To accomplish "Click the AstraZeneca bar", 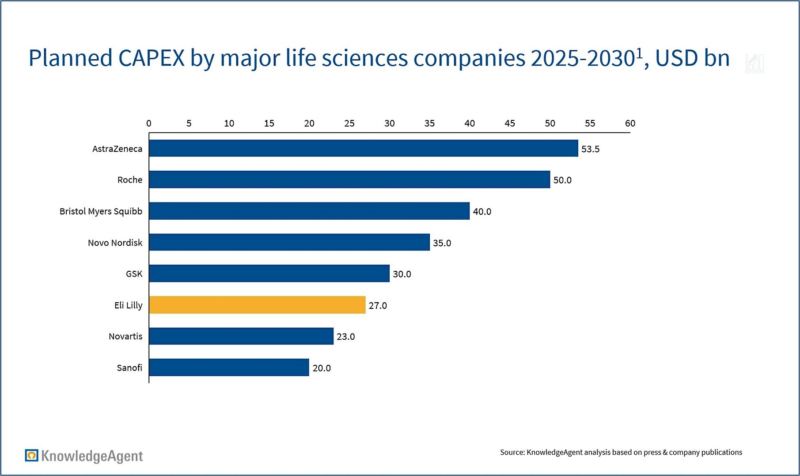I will pyautogui.click(x=363, y=148).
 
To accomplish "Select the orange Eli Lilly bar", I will pyautogui.click(x=257, y=305).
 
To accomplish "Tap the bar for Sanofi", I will pyautogui.click(x=229, y=367).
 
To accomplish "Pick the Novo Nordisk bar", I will pyautogui.click(x=289, y=242).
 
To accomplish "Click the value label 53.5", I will pyautogui.click(x=590, y=149).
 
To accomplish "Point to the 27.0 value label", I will pyautogui.click(x=378, y=305).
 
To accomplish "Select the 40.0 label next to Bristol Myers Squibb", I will pyautogui.click(x=482, y=212).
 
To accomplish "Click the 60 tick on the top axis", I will pyautogui.click(x=630, y=124).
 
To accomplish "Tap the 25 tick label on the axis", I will pyautogui.click(x=349, y=124).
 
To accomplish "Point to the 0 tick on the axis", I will pyautogui.click(x=149, y=124).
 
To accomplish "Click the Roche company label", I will pyautogui.click(x=130, y=180).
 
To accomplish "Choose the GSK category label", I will pyautogui.click(x=134, y=274).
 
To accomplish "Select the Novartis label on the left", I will pyautogui.click(x=125, y=337).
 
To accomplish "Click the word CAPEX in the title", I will pyautogui.click(x=151, y=58).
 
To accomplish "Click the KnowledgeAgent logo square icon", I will pyautogui.click(x=31, y=455).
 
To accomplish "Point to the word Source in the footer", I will pyautogui.click(x=512, y=452).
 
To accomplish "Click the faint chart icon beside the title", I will pyautogui.click(x=754, y=64).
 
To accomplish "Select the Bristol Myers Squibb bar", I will pyautogui.click(x=309, y=211).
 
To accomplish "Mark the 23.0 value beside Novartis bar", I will pyautogui.click(x=345, y=337).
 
